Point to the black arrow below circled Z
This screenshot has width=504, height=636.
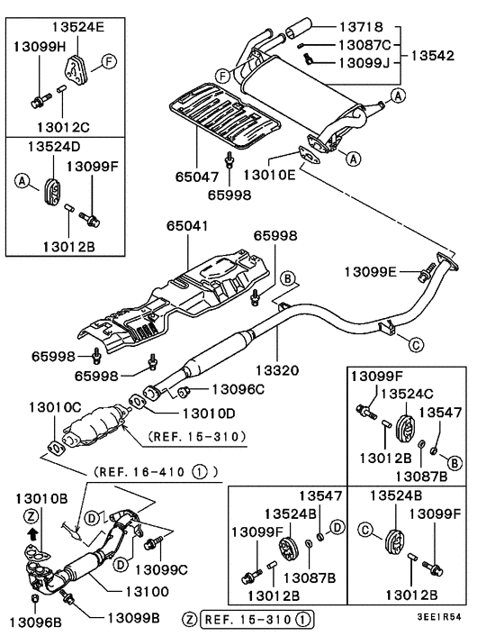(34, 533)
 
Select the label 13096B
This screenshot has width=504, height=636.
(33, 621)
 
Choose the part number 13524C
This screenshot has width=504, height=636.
(411, 393)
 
